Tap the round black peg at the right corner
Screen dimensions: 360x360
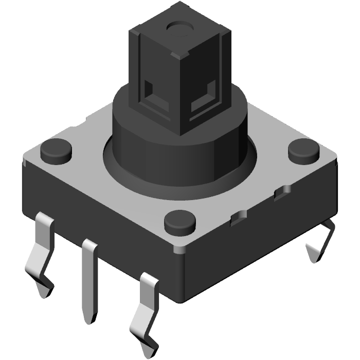pos(304,150)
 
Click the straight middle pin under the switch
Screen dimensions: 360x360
pos(88,278)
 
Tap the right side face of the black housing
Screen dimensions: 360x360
pos(267,231)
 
